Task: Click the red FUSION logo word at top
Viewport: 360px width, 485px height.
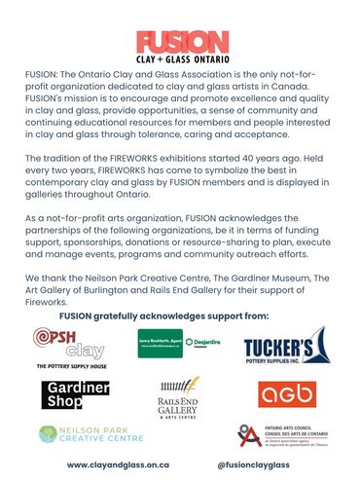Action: pos(180,41)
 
